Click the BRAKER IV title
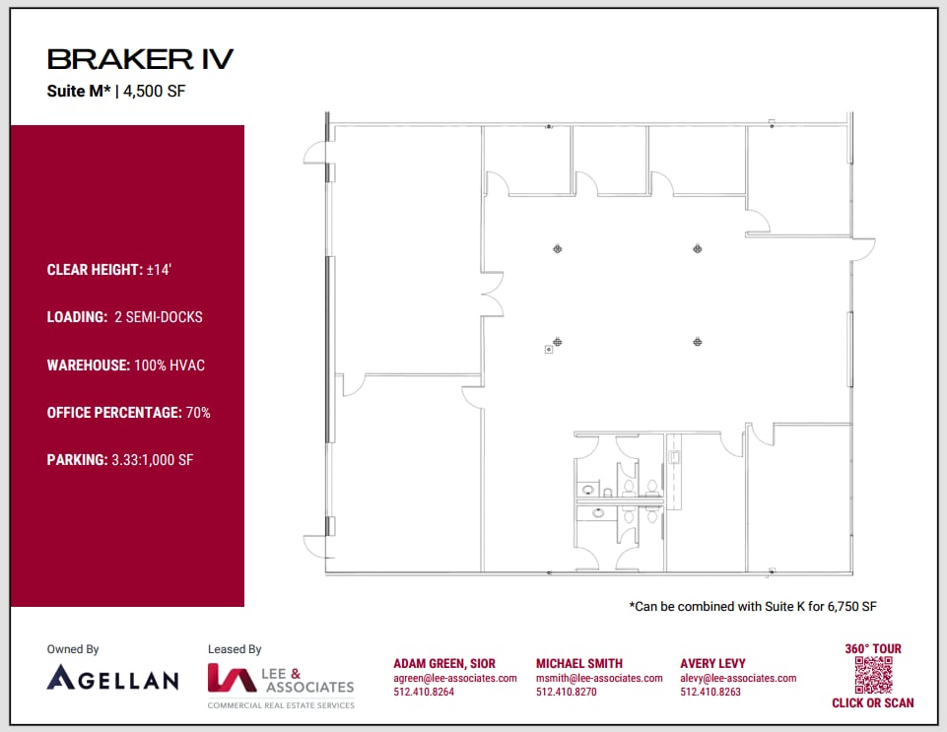[x=140, y=59]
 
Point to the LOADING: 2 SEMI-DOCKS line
[x=124, y=317]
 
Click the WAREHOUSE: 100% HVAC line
[x=126, y=365]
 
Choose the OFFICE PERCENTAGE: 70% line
[x=128, y=412]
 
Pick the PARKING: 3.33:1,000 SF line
[x=119, y=459]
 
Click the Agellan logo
[x=112, y=678]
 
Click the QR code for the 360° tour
[x=873, y=675]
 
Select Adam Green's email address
[x=455, y=678]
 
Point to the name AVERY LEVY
[x=712, y=663]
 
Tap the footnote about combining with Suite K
[x=753, y=607]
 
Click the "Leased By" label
[x=235, y=649]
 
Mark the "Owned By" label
[x=73, y=649]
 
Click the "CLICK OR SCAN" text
[x=873, y=702]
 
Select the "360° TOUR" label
[x=873, y=648]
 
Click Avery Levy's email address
[x=738, y=678]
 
